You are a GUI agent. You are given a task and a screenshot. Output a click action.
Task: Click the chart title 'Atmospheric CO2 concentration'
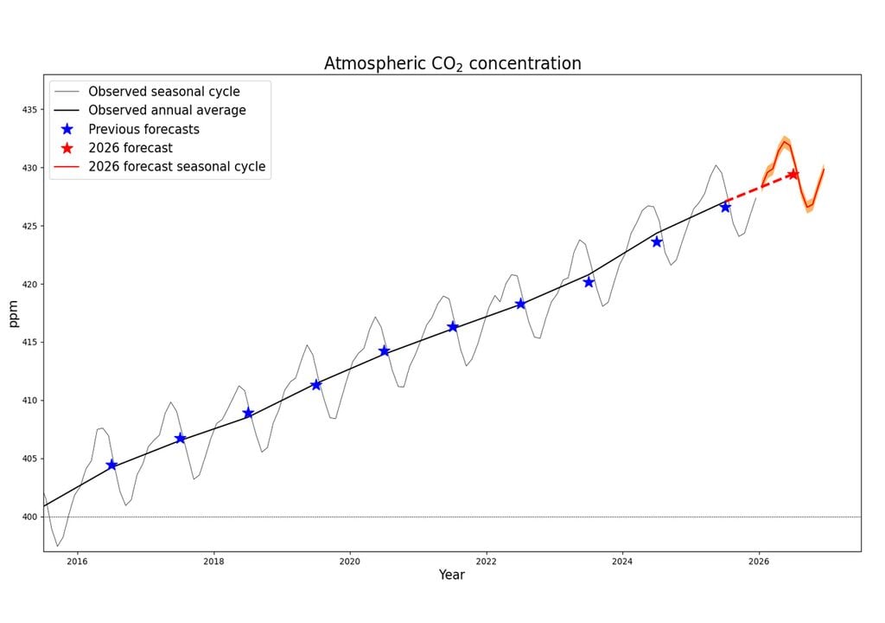452,63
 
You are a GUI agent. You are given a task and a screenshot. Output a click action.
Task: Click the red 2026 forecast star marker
793,174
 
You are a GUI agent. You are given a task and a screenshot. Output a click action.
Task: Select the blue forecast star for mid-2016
111,465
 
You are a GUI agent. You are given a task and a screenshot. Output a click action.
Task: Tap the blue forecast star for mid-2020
384,350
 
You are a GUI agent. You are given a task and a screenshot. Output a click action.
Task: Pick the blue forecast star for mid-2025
725,207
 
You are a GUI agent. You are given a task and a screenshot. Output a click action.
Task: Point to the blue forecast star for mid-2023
589,281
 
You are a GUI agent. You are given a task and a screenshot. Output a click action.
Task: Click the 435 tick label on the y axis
31,110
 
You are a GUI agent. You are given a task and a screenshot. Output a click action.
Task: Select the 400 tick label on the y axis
31,517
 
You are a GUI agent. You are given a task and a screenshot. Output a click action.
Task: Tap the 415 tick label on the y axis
31,343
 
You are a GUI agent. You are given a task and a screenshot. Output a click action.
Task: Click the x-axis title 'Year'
451,575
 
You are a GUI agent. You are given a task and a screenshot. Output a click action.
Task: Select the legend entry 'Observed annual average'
167,110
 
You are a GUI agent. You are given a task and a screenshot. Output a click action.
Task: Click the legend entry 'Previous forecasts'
143,129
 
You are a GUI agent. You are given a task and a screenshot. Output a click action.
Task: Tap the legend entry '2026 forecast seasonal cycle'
176,166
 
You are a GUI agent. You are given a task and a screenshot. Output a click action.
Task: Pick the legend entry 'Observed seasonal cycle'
164,91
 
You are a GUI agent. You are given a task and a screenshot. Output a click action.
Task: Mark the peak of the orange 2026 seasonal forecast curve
784,142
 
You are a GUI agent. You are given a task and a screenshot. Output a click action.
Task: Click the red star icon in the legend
67,148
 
